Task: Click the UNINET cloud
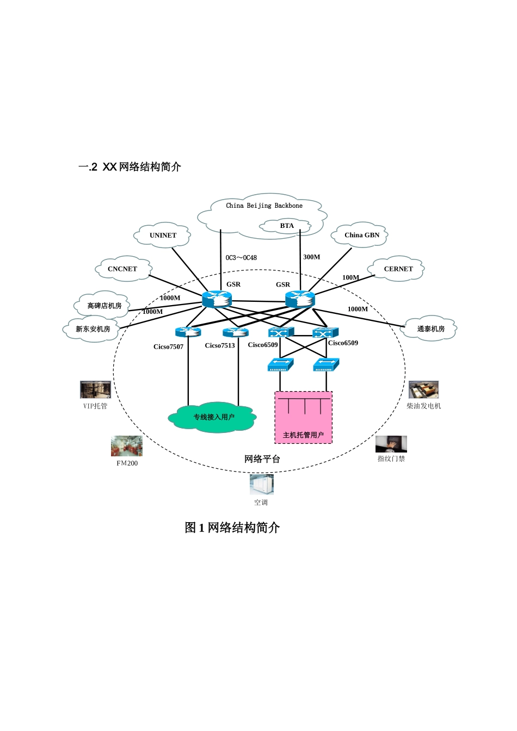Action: [163, 236]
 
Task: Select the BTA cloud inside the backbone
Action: [286, 226]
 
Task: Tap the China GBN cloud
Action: [361, 235]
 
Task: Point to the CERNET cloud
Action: [398, 269]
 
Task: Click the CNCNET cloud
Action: [122, 269]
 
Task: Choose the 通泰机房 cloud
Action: [430, 329]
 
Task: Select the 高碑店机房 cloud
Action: [104, 306]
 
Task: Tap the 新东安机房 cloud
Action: [93, 329]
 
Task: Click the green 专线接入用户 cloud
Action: [213, 417]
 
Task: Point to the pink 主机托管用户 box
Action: [303, 418]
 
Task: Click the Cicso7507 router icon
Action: [188, 332]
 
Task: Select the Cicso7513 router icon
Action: [236, 332]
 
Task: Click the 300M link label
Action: [312, 257]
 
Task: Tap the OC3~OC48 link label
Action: [241, 258]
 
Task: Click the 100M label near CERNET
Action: [350, 277]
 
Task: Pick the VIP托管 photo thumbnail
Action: [95, 389]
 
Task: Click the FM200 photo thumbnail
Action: [126, 447]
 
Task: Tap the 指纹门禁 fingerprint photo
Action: [391, 444]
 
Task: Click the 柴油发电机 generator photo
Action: [423, 390]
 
